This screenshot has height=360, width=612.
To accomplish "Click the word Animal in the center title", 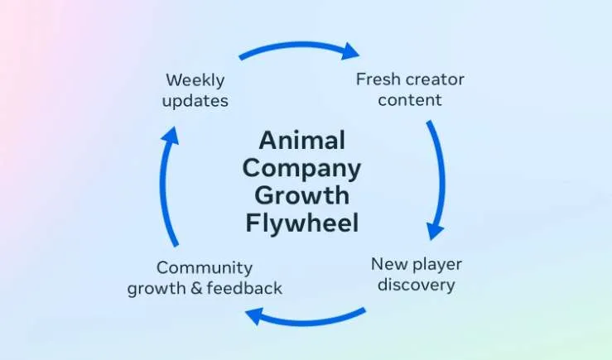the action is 302,140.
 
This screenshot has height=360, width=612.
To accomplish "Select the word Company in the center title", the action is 301,170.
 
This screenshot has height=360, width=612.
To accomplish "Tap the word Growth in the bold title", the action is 302,195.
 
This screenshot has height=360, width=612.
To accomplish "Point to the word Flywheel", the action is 302,223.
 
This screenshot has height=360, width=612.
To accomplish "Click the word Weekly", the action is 195,80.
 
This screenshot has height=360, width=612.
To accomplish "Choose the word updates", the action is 195,101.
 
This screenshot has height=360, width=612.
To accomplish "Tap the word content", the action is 410,100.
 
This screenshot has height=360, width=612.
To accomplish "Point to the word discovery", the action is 417,285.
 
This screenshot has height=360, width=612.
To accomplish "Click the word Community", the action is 205,268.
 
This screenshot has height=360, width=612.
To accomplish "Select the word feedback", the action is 244,288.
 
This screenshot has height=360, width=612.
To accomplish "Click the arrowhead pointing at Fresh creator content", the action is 349,51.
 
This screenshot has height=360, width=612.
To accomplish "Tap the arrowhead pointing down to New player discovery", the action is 435,231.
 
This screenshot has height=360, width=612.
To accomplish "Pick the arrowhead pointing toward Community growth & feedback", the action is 255,315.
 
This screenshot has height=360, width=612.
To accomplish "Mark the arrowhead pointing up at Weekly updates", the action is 170,136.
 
